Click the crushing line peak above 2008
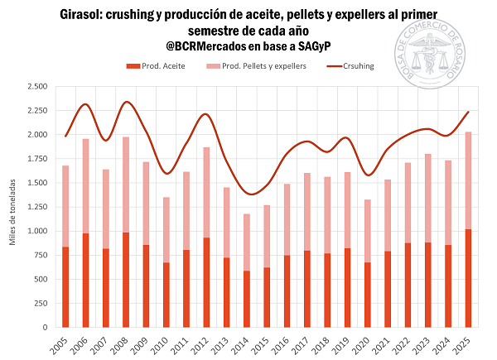click(x=126, y=102)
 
